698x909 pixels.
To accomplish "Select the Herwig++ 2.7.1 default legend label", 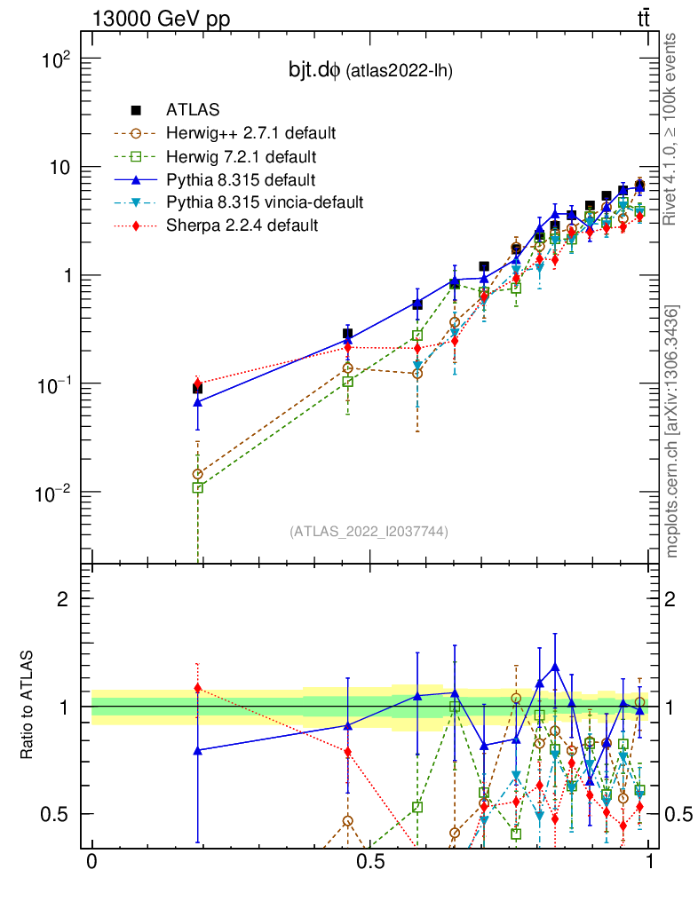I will tap(250, 134).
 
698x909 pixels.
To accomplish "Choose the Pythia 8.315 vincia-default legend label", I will tap(265, 202).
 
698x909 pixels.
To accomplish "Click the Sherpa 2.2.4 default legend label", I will tap(242, 225).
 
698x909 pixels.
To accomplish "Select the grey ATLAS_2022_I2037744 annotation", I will tap(369, 532).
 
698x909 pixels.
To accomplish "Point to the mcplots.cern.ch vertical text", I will tap(672, 431).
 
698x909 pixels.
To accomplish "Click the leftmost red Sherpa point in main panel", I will tap(197, 383).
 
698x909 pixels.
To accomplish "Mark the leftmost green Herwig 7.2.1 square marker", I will tap(197, 487).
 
